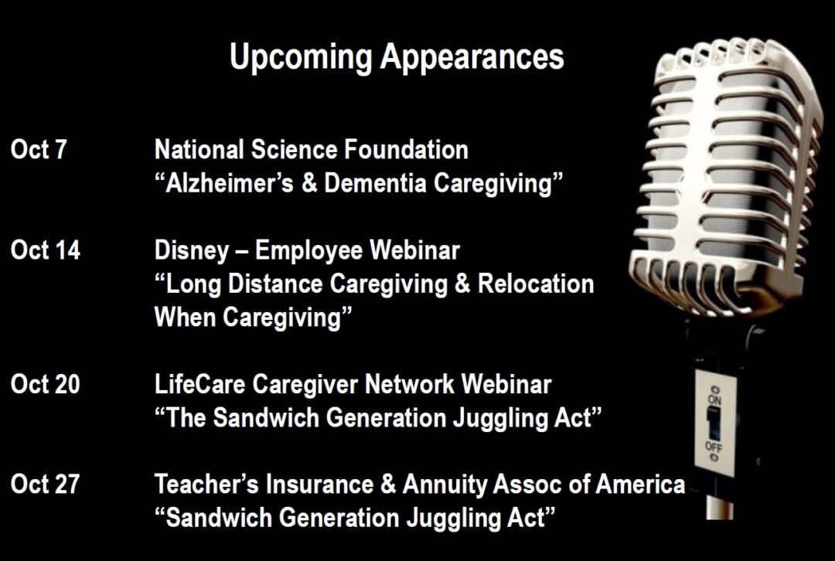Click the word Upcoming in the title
(x=301, y=57)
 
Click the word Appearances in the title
(x=472, y=57)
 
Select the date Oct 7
(x=39, y=150)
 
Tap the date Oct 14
(x=46, y=250)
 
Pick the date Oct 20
(x=46, y=384)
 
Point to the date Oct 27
(x=46, y=484)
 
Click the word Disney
(x=192, y=251)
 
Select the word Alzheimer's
(x=230, y=183)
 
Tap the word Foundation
(x=407, y=150)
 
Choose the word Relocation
(x=536, y=284)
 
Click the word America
(x=640, y=484)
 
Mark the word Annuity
(x=445, y=485)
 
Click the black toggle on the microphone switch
(x=713, y=423)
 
